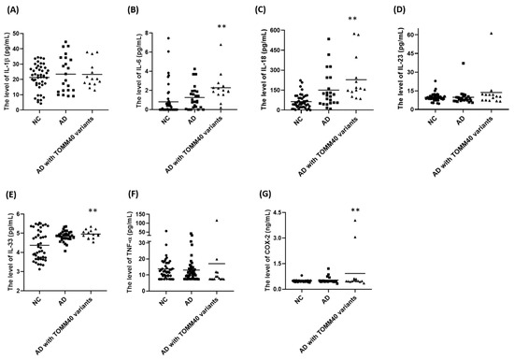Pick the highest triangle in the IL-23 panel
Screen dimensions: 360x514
click(489, 34)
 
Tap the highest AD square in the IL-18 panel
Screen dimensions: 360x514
click(329, 39)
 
